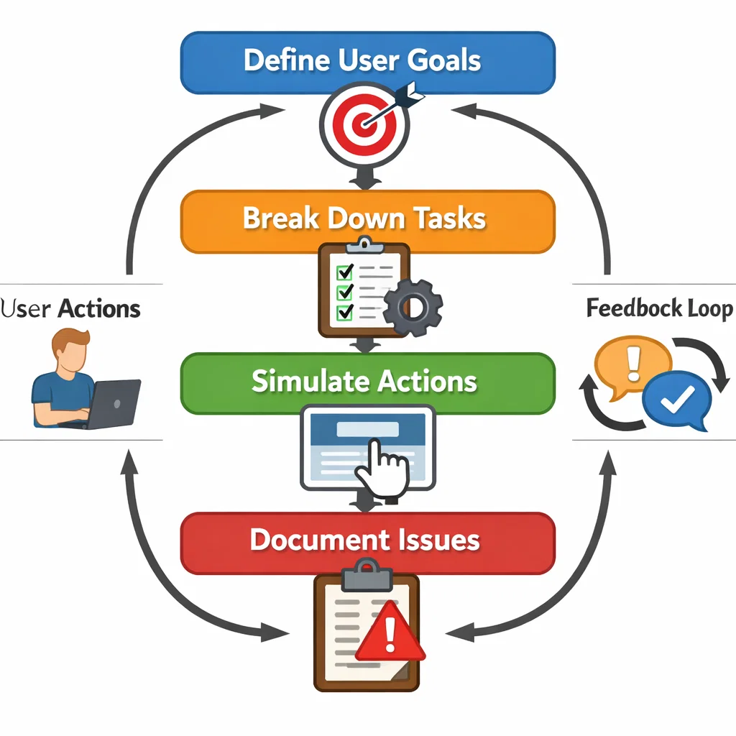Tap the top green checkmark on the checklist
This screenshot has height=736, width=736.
point(345,272)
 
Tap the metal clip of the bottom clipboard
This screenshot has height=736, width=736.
point(367,571)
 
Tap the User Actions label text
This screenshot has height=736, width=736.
point(70,309)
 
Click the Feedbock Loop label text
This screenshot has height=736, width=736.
point(658,309)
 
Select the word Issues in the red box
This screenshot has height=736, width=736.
point(439,540)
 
